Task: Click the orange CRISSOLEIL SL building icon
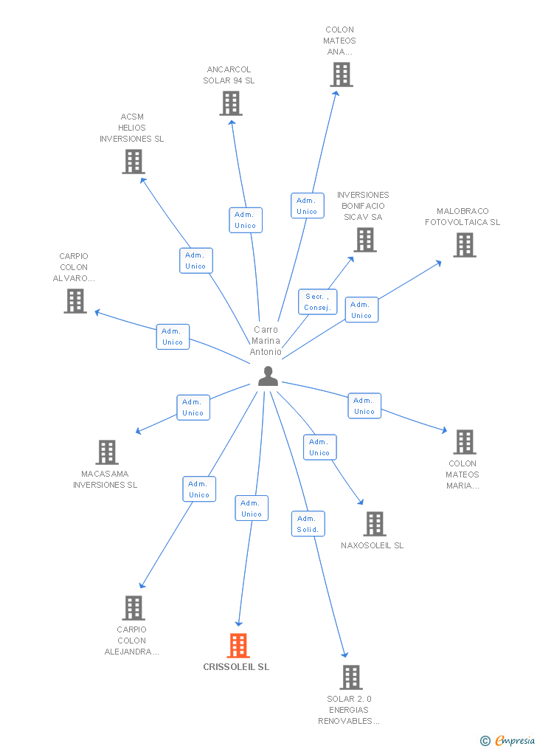coord(238,646)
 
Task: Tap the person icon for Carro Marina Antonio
coord(268,376)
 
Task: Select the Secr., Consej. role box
coord(318,302)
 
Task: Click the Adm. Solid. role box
coord(308,524)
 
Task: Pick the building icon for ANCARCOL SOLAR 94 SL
coord(231,103)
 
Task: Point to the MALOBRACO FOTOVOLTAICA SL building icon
coord(464,245)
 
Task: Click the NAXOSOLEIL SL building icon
coord(375,524)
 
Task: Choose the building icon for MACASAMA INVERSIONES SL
coord(107,452)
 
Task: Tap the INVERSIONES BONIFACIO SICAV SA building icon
coord(364,240)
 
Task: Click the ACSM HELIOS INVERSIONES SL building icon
coord(134,162)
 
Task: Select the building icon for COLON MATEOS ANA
coord(341,75)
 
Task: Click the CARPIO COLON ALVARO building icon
coord(75,301)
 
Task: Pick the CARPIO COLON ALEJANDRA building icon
coord(134,608)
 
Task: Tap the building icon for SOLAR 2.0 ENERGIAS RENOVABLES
coord(351,677)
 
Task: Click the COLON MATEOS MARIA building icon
coord(464,442)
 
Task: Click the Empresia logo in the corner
coord(509,740)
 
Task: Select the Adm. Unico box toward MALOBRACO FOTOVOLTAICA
coord(361,310)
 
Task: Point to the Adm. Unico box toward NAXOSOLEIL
coord(319,447)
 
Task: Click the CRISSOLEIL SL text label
coord(236,667)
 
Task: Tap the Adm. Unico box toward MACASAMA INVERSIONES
coord(193,407)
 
